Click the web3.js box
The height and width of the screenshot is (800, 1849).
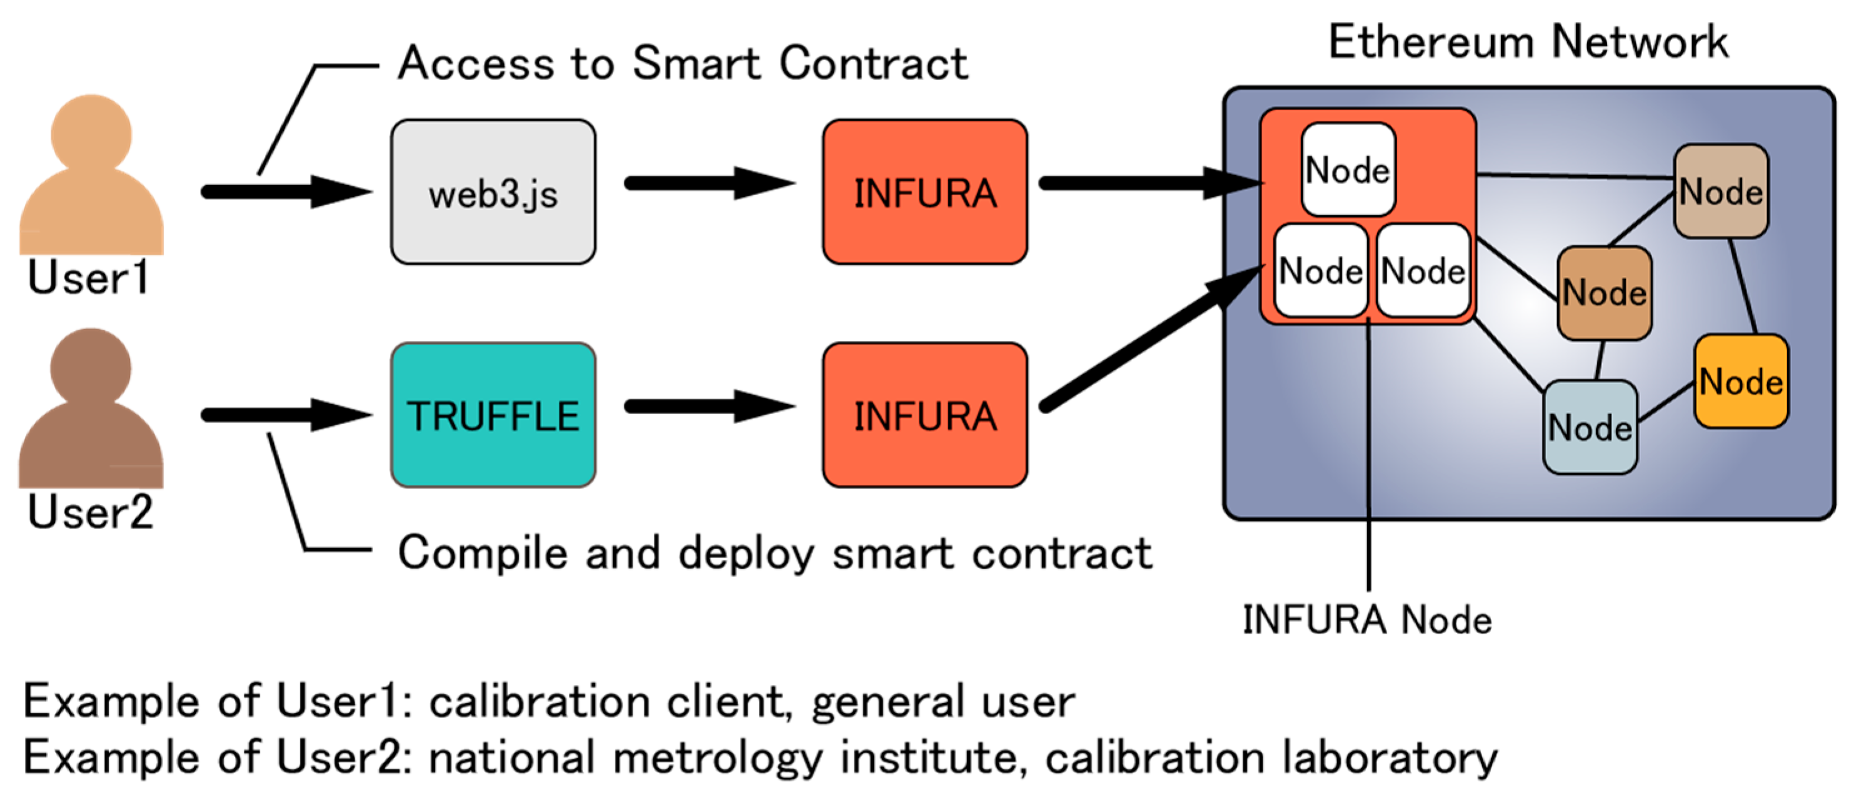[493, 193]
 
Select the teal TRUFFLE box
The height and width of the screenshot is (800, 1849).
[493, 415]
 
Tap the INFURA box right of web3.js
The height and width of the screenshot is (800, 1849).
[924, 193]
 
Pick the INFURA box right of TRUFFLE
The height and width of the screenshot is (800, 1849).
[924, 415]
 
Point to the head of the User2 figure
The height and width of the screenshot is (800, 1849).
[91, 367]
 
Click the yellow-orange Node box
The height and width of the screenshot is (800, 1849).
[1741, 382]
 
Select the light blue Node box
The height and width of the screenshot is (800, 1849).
[1590, 427]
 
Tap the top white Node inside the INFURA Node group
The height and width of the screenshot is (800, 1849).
[1347, 170]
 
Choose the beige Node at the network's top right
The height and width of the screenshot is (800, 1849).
[1720, 191]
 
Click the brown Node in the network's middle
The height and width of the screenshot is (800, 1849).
[1604, 292]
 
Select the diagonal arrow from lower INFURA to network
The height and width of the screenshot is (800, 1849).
[1148, 338]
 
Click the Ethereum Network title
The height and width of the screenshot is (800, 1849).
[1528, 42]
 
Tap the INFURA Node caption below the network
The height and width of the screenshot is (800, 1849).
[1366, 620]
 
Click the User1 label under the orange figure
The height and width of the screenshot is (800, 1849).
[88, 277]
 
